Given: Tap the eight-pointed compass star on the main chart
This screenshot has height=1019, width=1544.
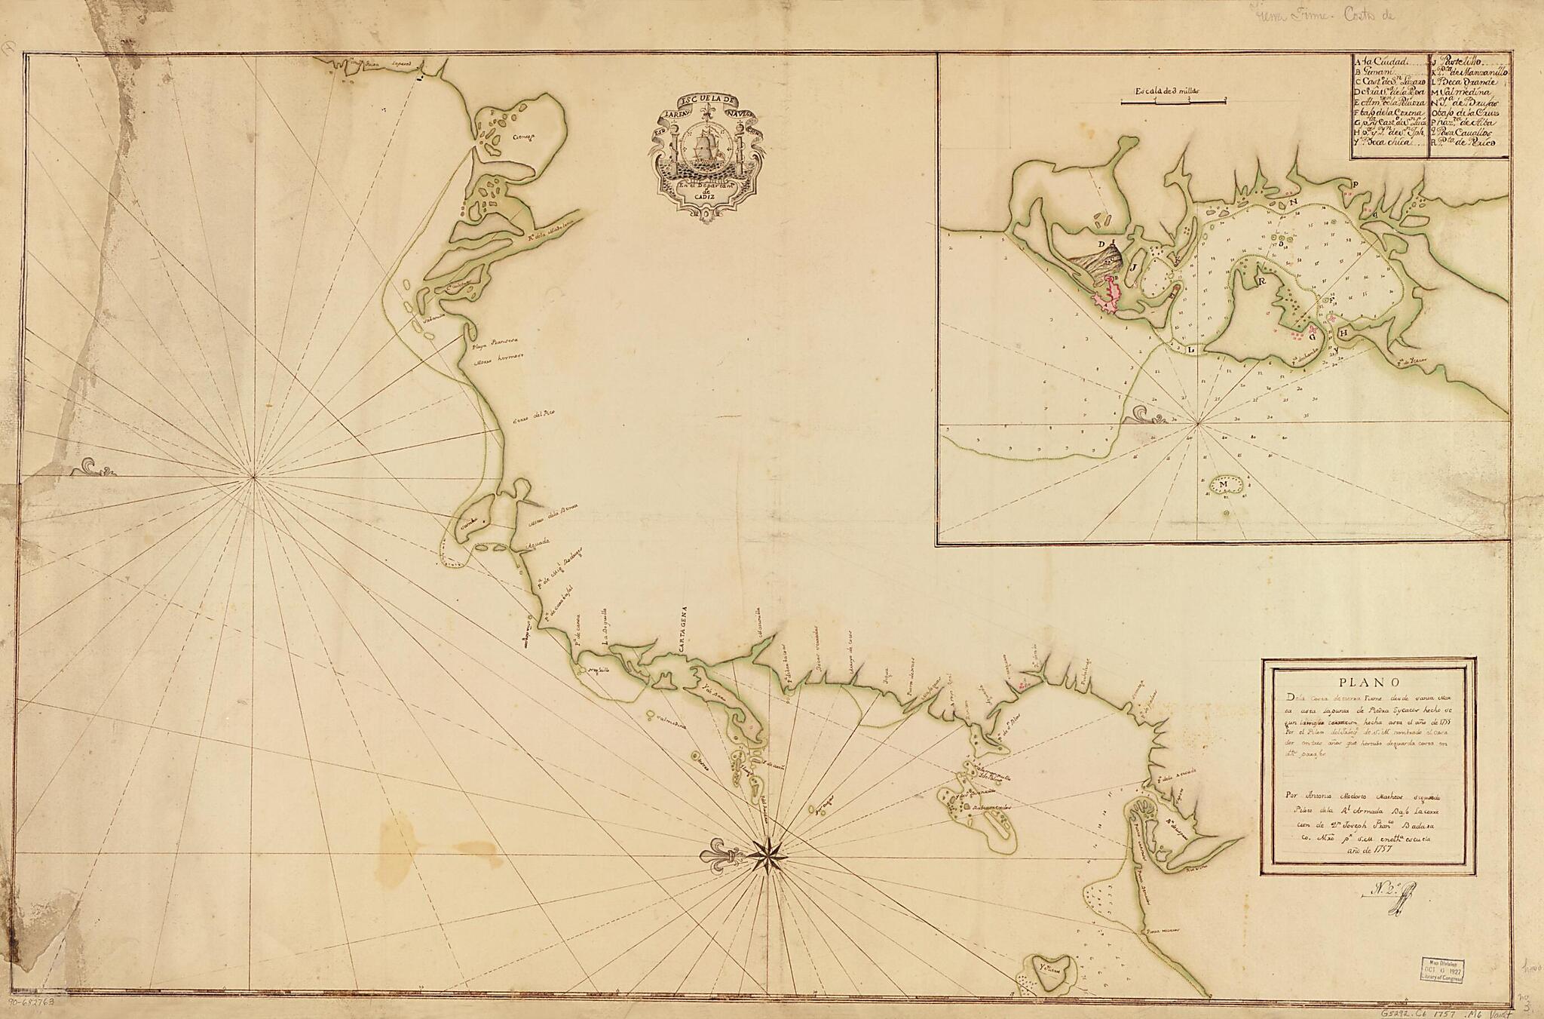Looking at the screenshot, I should [x=767, y=855].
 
